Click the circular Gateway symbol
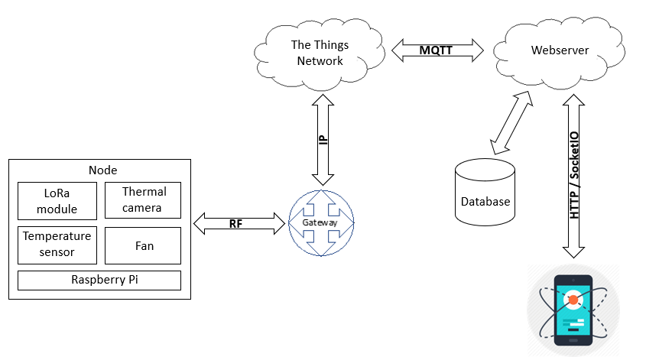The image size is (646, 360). (x=321, y=222)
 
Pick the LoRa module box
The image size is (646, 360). (x=58, y=200)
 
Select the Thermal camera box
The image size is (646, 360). (x=142, y=200)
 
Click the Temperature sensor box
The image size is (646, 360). (x=58, y=244)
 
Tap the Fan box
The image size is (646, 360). (x=143, y=245)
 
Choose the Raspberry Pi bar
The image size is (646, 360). (x=99, y=280)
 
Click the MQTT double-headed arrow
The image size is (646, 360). (x=438, y=50)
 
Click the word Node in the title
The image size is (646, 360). (x=102, y=170)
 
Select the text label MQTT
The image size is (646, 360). (x=438, y=50)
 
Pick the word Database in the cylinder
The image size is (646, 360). (x=485, y=202)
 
